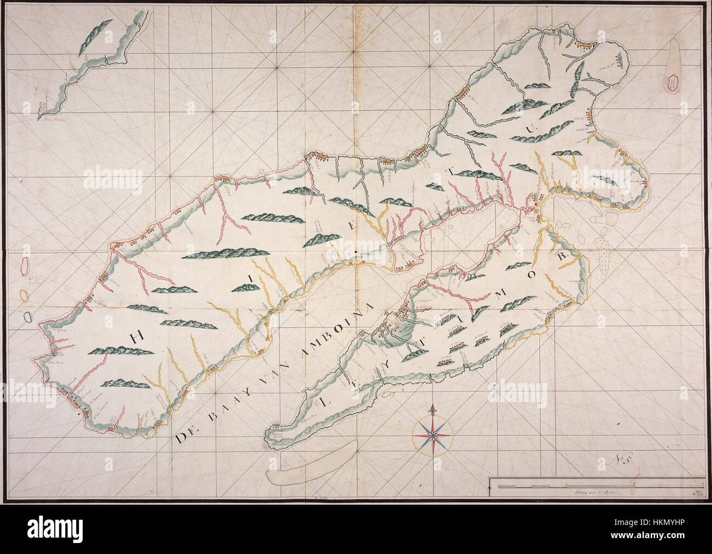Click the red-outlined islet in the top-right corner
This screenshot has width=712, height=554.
671,83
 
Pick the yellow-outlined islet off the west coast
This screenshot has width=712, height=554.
25,295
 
